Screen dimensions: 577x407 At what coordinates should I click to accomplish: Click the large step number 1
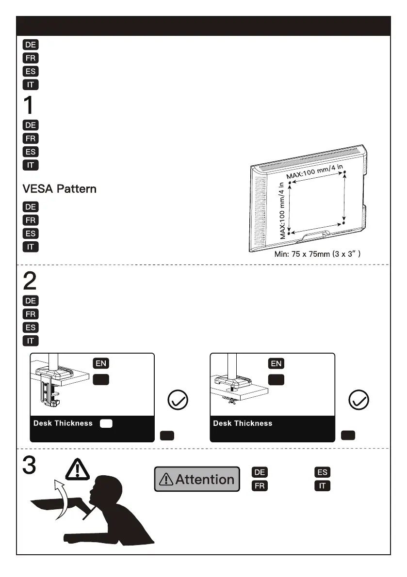(29, 105)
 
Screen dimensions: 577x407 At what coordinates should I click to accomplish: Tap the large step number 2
(30, 281)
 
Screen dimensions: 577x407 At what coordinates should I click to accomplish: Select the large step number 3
(29, 466)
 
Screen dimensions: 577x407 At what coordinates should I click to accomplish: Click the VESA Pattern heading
(59, 189)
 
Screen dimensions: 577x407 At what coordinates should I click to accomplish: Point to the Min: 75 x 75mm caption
(317, 254)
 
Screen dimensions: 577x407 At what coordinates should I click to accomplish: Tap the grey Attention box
(197, 479)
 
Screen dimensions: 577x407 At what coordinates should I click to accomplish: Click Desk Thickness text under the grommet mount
(243, 423)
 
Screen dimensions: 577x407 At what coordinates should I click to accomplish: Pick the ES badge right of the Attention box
(322, 472)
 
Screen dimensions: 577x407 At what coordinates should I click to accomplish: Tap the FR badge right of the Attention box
(260, 485)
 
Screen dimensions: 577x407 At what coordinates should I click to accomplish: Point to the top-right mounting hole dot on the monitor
(344, 172)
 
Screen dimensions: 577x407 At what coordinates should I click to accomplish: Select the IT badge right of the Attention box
(322, 485)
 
